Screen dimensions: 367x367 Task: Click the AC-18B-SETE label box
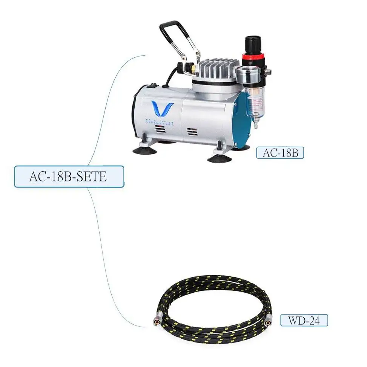(69, 177)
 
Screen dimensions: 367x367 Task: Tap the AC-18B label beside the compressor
(280, 153)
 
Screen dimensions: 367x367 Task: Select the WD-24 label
(304, 320)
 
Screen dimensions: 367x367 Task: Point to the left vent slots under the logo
(160, 130)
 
